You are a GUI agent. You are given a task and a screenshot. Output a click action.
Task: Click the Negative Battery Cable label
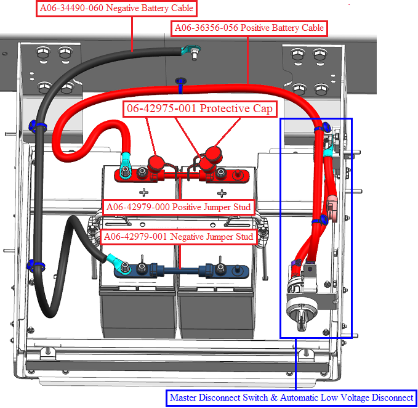(x=116, y=9)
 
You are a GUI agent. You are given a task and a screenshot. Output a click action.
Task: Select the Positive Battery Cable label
(x=249, y=28)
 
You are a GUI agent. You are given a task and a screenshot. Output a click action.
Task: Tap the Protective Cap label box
(x=199, y=108)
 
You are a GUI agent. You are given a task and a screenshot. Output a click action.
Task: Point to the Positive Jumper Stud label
(x=178, y=207)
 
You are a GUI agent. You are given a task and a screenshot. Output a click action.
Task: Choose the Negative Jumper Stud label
(x=179, y=237)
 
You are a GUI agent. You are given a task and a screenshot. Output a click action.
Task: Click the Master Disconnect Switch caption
(x=291, y=398)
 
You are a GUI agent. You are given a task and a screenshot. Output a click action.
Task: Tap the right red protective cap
(x=212, y=153)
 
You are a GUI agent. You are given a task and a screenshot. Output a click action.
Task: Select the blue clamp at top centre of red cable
(x=181, y=81)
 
